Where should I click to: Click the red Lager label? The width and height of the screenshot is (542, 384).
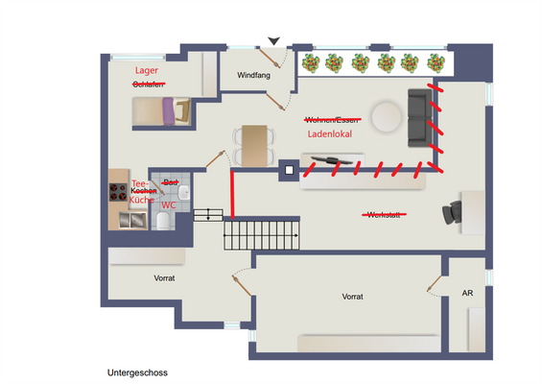147,70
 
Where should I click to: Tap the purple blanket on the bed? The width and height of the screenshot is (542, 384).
168,111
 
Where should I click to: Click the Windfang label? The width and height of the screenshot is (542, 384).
252,75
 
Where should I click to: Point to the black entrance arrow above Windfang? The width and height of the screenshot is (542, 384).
274,40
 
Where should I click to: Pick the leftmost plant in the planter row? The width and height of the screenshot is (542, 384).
311,63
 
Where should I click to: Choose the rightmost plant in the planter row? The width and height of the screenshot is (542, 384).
435,63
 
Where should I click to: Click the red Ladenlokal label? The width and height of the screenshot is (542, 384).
330,134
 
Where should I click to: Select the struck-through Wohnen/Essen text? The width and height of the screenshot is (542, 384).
332,120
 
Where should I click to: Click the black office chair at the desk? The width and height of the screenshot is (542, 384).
450,213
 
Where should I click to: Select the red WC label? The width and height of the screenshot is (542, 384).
168,204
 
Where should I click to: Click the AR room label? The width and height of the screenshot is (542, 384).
467,294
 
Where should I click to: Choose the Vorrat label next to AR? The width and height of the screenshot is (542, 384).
352,297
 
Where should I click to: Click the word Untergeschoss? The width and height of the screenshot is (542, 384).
138,371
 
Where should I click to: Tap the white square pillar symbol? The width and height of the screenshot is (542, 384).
287,173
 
